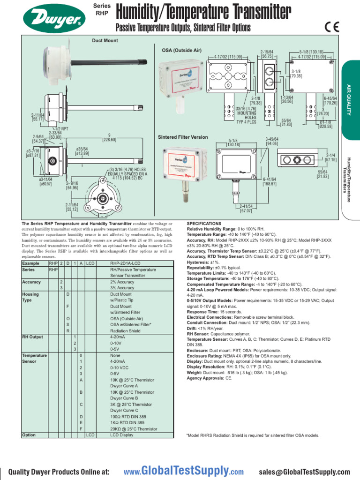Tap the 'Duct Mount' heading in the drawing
coord(105,41)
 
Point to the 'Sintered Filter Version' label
coord(183,137)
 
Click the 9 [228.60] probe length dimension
coord(109,137)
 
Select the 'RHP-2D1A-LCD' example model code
coord(126,263)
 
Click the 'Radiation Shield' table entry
coord(125,330)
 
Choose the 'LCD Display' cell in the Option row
coord(122,435)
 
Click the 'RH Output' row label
coord(32,337)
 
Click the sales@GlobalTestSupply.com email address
coord(304,472)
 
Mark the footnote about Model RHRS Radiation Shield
coord(253,435)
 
